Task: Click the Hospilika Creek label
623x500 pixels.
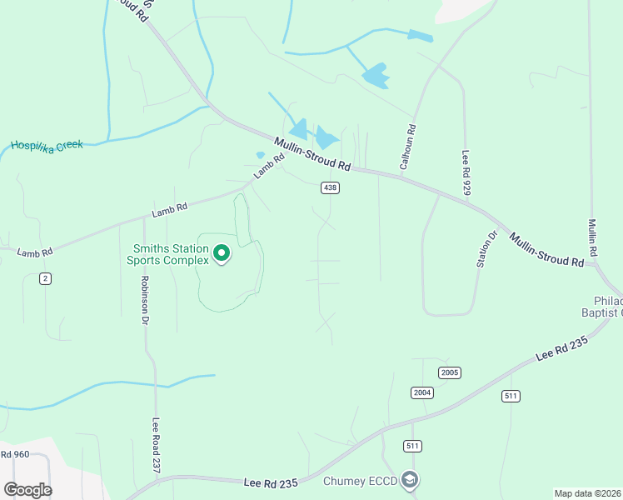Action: (x=47, y=145)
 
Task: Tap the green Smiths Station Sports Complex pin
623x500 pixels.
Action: (x=222, y=252)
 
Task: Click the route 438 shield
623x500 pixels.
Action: (x=330, y=188)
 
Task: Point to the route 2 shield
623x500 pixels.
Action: (x=45, y=278)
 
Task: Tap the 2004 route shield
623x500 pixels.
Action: (x=422, y=392)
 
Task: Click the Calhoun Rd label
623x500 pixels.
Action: (x=407, y=147)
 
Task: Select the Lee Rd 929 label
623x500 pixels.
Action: (x=466, y=173)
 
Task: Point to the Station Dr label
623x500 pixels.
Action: (x=486, y=249)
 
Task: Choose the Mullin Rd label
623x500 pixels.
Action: (x=592, y=238)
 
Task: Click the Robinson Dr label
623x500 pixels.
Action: (x=145, y=300)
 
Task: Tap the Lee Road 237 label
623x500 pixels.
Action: (x=155, y=446)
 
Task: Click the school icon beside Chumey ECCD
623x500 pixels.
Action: (x=409, y=480)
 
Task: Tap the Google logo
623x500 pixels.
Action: (x=27, y=489)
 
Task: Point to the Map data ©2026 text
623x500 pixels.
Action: (x=587, y=493)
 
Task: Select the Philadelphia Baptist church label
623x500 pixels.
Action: (x=608, y=307)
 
